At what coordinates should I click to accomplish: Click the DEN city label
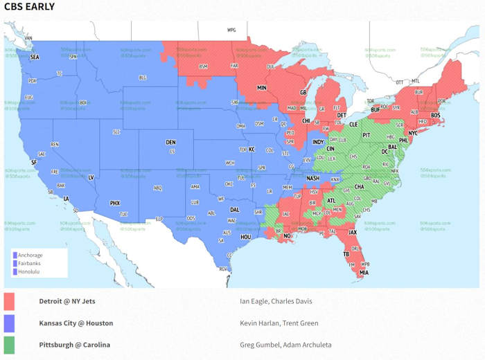tap(170, 143)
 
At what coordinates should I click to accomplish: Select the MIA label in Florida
tap(363, 273)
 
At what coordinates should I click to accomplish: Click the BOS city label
tap(435, 115)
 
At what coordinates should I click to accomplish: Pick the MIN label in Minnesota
tap(263, 89)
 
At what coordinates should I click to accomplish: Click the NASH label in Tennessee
tap(313, 178)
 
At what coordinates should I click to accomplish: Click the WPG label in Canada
tap(231, 30)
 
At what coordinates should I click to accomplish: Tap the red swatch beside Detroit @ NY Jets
tap(9, 301)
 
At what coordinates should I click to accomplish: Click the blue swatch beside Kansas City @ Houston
tap(9, 323)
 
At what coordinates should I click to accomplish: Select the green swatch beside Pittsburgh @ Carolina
tap(9, 345)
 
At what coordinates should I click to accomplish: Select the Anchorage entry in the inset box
tap(30, 255)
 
